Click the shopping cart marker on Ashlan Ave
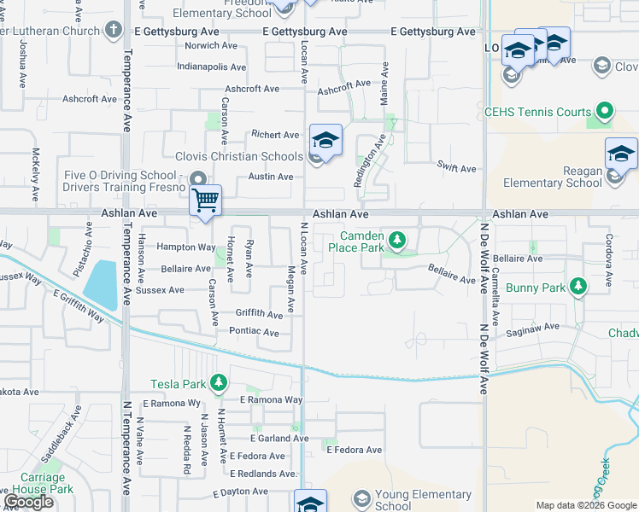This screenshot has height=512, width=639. point(205,201)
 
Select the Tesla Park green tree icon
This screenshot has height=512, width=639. point(219,384)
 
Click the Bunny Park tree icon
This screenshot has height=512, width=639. point(579,287)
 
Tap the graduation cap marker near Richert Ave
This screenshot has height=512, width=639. point(325,140)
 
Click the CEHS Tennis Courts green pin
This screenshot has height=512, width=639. point(605,111)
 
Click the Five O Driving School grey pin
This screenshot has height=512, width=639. point(198,178)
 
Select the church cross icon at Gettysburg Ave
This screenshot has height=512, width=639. point(114,32)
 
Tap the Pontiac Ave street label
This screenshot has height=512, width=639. point(255,332)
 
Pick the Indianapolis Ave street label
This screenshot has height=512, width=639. point(211,67)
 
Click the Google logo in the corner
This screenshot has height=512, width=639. point(28,503)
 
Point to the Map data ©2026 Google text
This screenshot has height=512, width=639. point(586,505)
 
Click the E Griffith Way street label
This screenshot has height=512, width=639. point(78,305)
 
